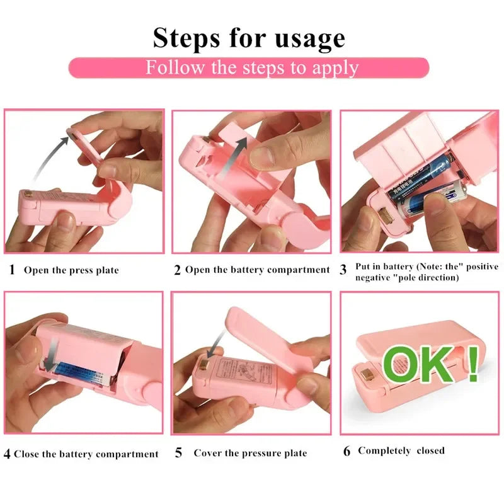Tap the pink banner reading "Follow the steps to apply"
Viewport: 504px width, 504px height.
[249, 67]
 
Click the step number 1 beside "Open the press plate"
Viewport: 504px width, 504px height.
[12, 270]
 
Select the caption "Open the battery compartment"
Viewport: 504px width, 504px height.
[257, 270]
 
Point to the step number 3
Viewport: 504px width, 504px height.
[343, 270]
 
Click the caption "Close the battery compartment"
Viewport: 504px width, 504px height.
[86, 454]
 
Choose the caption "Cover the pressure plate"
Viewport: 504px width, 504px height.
[250, 453]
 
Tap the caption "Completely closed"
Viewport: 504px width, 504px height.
[401, 450]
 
